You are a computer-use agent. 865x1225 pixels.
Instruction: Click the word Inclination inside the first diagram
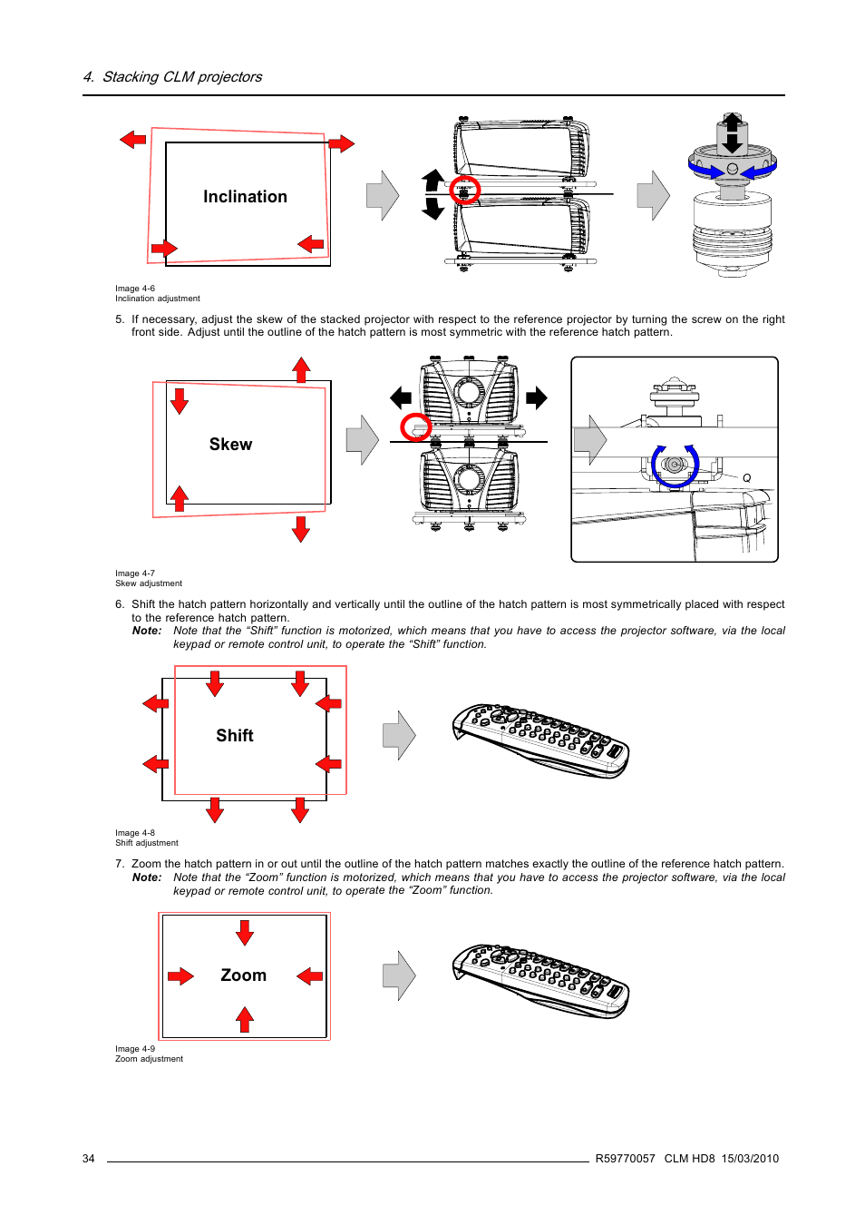[x=245, y=197]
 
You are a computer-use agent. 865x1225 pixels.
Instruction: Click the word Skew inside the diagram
[x=230, y=445]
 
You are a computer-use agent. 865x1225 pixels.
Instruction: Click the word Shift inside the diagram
[x=234, y=736]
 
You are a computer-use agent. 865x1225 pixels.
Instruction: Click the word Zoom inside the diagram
[x=243, y=975]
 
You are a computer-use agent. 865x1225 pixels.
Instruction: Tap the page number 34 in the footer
[x=88, y=1159]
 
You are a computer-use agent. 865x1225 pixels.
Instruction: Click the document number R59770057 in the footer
[x=625, y=1159]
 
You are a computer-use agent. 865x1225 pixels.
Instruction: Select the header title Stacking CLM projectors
[x=181, y=77]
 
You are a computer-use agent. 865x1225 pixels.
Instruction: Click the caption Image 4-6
[x=135, y=289]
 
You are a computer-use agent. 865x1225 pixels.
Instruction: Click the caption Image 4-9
[x=135, y=1049]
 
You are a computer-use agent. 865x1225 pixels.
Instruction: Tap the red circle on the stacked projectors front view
[x=416, y=426]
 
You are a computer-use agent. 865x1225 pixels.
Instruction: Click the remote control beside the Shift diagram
[x=540, y=740]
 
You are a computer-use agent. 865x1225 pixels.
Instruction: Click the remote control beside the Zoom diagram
[x=540, y=981]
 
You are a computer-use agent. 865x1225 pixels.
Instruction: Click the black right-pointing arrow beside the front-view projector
[x=537, y=397]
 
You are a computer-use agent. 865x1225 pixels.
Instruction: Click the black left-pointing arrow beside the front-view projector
[x=401, y=397]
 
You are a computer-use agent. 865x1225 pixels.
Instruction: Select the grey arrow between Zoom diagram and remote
[x=399, y=976]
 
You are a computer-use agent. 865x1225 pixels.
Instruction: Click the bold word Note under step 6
[x=147, y=631]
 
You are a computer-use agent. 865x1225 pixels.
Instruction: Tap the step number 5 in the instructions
[x=119, y=319]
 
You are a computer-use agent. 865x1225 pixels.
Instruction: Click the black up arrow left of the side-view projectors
[x=433, y=180]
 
